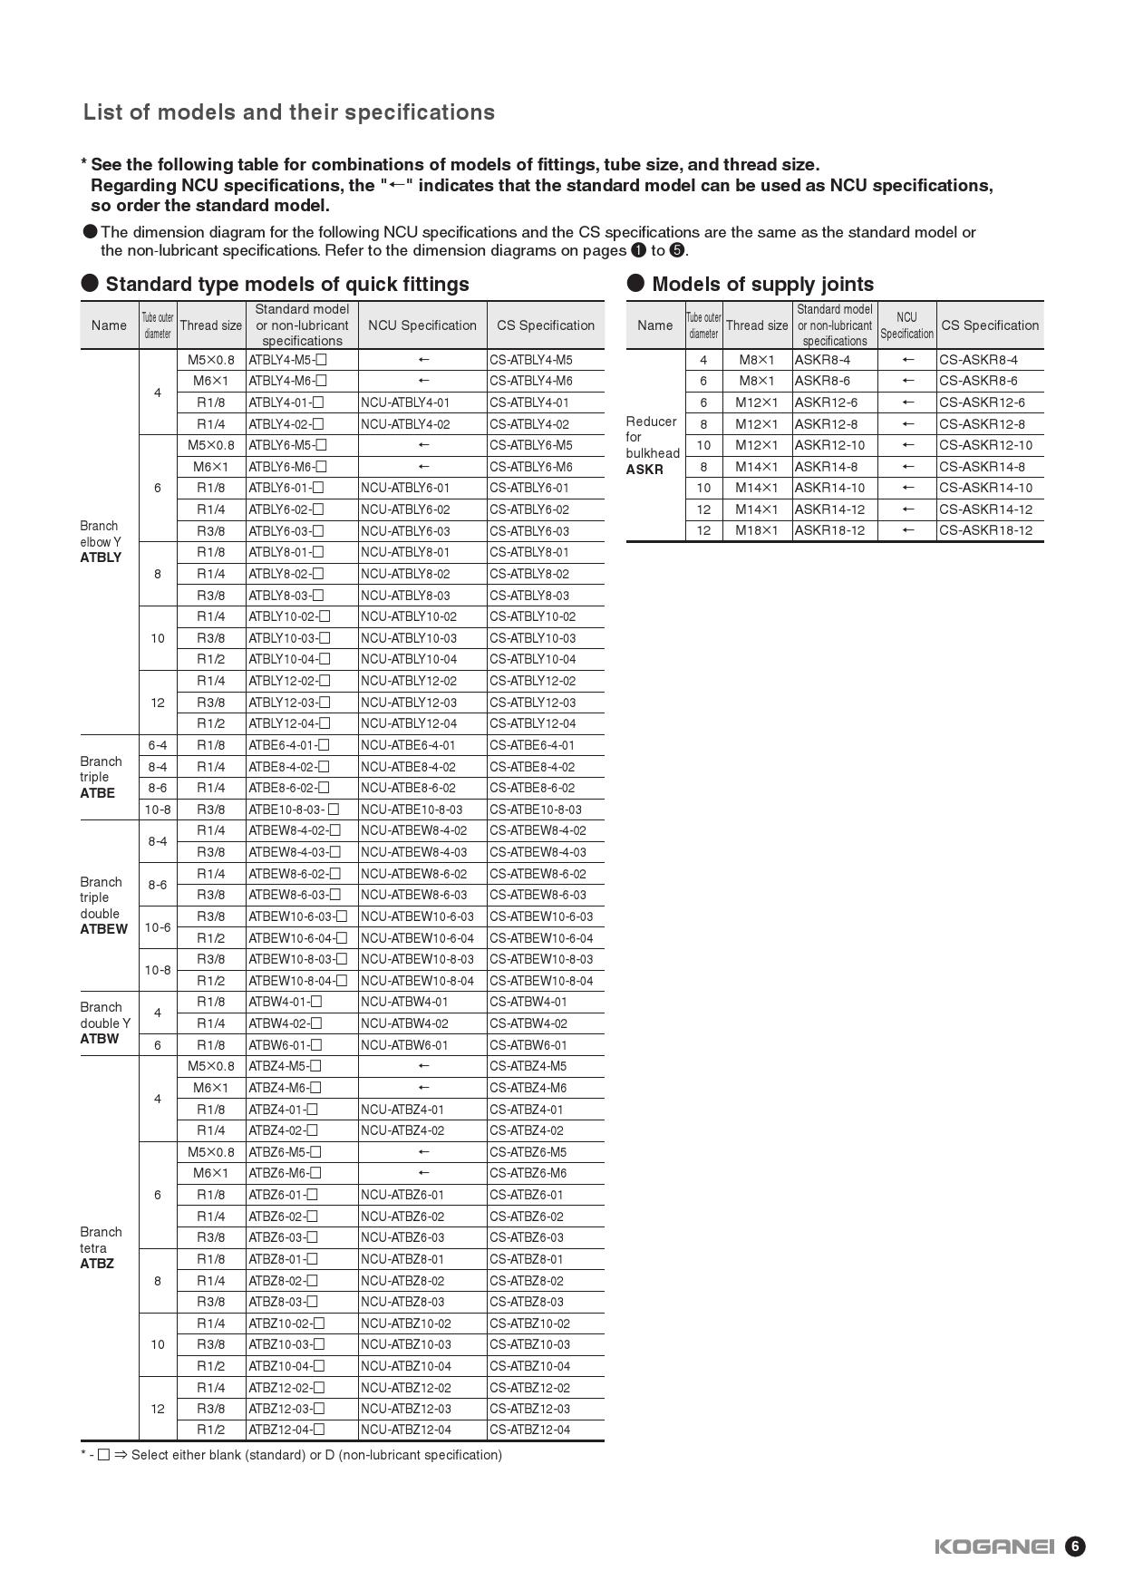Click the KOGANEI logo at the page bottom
(994, 1546)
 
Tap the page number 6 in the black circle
(1074, 1546)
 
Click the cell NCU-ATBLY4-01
(405, 402)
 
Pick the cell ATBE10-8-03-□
(293, 810)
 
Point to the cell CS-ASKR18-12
(985, 530)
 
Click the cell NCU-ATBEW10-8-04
(417, 981)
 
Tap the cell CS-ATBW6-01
(528, 1045)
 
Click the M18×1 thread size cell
(756, 530)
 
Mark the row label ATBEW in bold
(103, 929)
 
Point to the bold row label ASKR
(644, 470)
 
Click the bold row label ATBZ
(97, 1264)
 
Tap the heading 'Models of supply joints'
(762, 284)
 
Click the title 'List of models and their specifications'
(289, 112)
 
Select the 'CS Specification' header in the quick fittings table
(545, 325)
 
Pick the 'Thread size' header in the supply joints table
(756, 325)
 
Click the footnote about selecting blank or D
(291, 1455)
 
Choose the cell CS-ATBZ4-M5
(528, 1066)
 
